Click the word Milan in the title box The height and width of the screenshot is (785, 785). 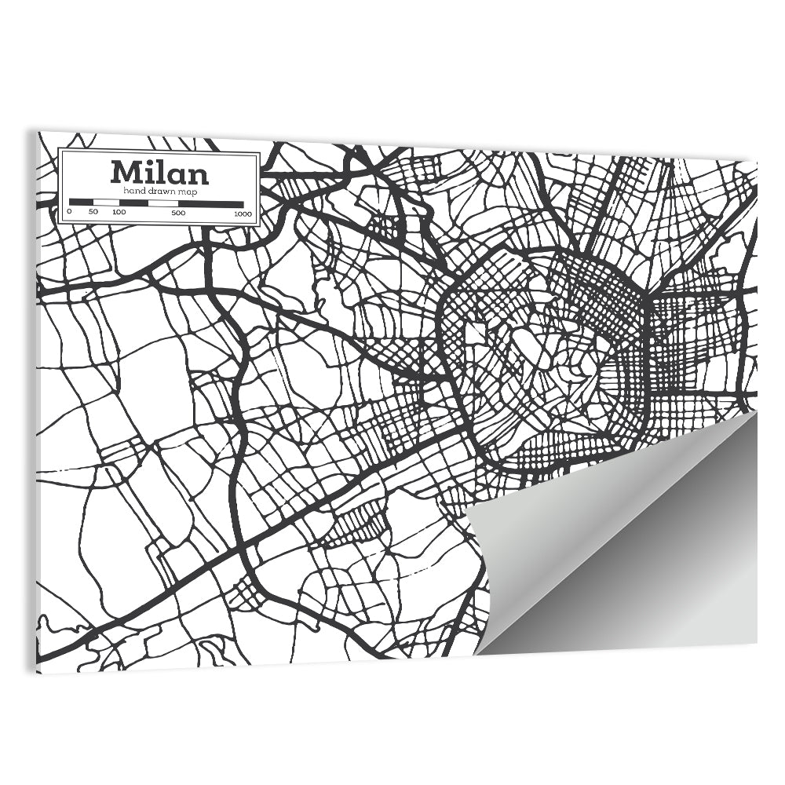point(159,172)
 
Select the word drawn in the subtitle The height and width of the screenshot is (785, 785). point(161,191)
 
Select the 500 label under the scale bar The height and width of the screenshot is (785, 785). point(178,213)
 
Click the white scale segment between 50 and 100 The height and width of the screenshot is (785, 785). point(105,203)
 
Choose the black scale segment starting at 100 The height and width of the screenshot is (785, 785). point(133,203)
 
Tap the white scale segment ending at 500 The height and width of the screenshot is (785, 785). point(163,203)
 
